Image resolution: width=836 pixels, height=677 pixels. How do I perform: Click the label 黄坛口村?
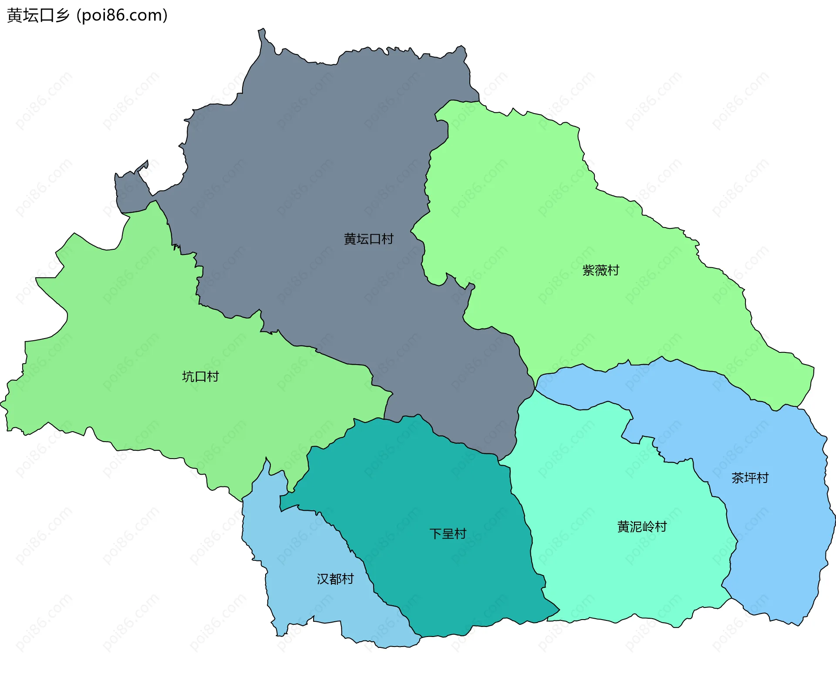[x=368, y=239]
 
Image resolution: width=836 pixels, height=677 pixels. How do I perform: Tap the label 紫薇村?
[x=600, y=270]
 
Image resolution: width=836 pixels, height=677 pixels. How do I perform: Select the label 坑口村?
[x=200, y=376]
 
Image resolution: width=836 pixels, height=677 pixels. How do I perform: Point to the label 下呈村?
[x=448, y=533]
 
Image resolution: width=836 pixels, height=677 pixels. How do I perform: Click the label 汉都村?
[x=335, y=579]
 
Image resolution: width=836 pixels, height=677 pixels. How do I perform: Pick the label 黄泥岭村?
[x=642, y=527]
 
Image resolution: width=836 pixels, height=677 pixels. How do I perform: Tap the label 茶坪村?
[x=750, y=478]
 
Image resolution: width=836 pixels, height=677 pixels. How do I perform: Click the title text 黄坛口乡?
[x=38, y=16]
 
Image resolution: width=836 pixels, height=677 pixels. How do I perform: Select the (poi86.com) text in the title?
[x=122, y=16]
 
